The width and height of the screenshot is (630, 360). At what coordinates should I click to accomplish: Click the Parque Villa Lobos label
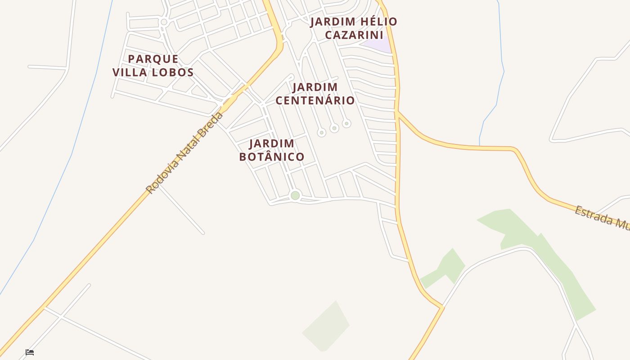[153, 66]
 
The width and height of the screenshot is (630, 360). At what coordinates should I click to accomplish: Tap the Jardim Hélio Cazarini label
[354, 28]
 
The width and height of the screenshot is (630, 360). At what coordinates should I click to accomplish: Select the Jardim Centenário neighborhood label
[315, 94]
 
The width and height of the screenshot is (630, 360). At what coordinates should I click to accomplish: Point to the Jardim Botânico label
[272, 150]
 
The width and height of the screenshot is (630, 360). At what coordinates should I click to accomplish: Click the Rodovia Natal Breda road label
[184, 153]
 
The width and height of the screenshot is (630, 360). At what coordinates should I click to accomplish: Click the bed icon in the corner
[30, 352]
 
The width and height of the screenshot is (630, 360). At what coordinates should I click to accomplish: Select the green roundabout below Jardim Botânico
[295, 195]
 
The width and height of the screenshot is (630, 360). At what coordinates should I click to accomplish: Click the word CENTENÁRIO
[315, 100]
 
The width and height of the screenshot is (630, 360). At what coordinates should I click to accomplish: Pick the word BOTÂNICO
[272, 157]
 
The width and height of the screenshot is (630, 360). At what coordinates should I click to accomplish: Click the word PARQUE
[153, 59]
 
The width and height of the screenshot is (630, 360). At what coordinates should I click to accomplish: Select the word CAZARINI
[354, 35]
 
